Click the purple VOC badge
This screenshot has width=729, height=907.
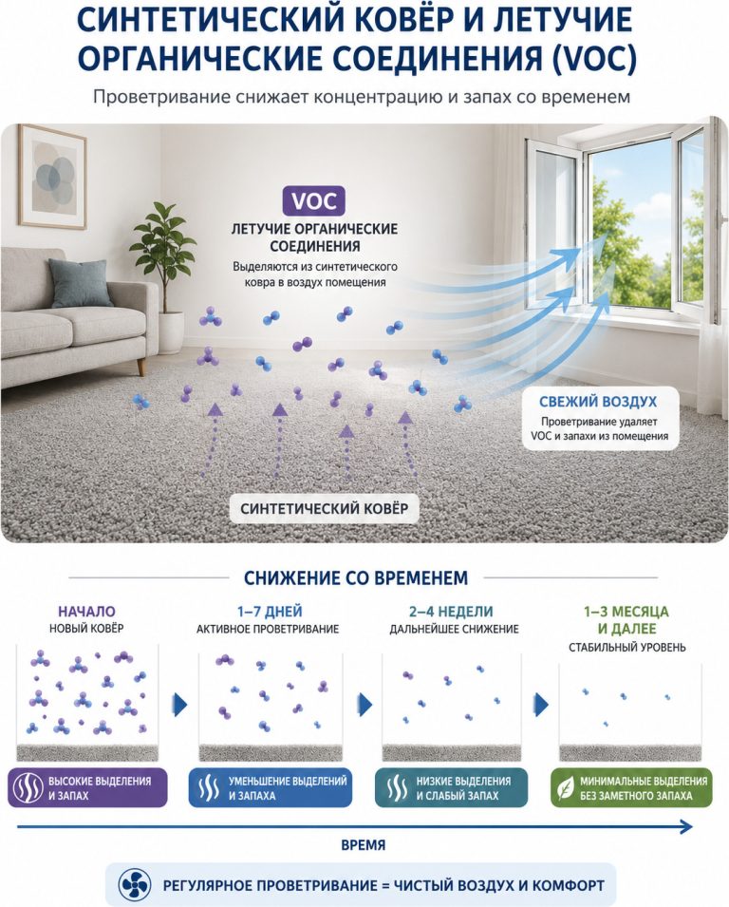click(x=313, y=200)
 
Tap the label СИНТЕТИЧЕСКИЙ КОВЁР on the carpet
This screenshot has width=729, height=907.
click(x=324, y=508)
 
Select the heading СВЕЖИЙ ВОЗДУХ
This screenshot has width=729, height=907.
click(x=598, y=402)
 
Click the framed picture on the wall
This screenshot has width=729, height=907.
click(x=51, y=177)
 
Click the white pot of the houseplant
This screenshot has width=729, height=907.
click(x=170, y=332)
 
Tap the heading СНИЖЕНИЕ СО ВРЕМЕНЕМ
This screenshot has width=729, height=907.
click(x=356, y=577)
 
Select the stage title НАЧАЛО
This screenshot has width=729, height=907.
click(x=86, y=611)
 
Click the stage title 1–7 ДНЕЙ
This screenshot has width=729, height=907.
click(x=270, y=611)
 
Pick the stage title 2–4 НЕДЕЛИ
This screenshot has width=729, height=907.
click(x=451, y=611)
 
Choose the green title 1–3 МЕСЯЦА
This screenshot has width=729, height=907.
click(x=626, y=611)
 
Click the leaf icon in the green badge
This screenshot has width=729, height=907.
click(x=565, y=788)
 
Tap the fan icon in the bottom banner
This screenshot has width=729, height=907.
click(x=135, y=884)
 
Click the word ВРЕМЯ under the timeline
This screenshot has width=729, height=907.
click(x=363, y=845)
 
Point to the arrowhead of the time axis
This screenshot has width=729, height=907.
click(x=687, y=826)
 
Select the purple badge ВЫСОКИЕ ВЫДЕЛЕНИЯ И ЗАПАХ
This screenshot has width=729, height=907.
click(x=87, y=788)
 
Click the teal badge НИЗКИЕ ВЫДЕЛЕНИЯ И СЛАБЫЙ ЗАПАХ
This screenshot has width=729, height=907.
click(x=451, y=788)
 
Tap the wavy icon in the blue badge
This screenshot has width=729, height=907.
click(x=208, y=788)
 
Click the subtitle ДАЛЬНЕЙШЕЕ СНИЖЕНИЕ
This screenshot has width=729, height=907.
click(x=454, y=629)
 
